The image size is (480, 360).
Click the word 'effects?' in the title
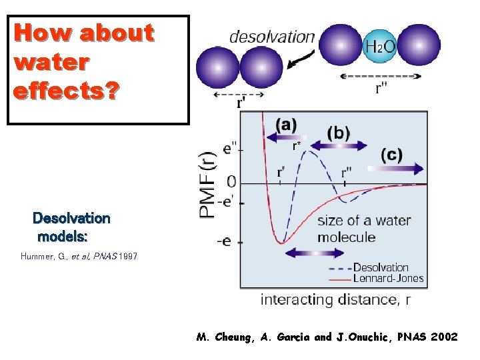tap(66, 90)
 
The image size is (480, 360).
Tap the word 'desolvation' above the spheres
tap(271, 37)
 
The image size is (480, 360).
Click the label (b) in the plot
tap(339, 133)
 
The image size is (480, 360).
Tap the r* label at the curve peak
tap(297, 145)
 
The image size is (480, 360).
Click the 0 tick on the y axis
tap(231, 181)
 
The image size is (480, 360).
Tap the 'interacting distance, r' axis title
tap(335, 299)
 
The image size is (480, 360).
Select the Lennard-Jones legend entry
tap(388, 278)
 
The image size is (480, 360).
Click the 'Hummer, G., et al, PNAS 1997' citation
tap(79, 256)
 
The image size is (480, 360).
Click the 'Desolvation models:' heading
tap(71, 227)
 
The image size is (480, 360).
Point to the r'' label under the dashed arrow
tap(381, 89)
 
